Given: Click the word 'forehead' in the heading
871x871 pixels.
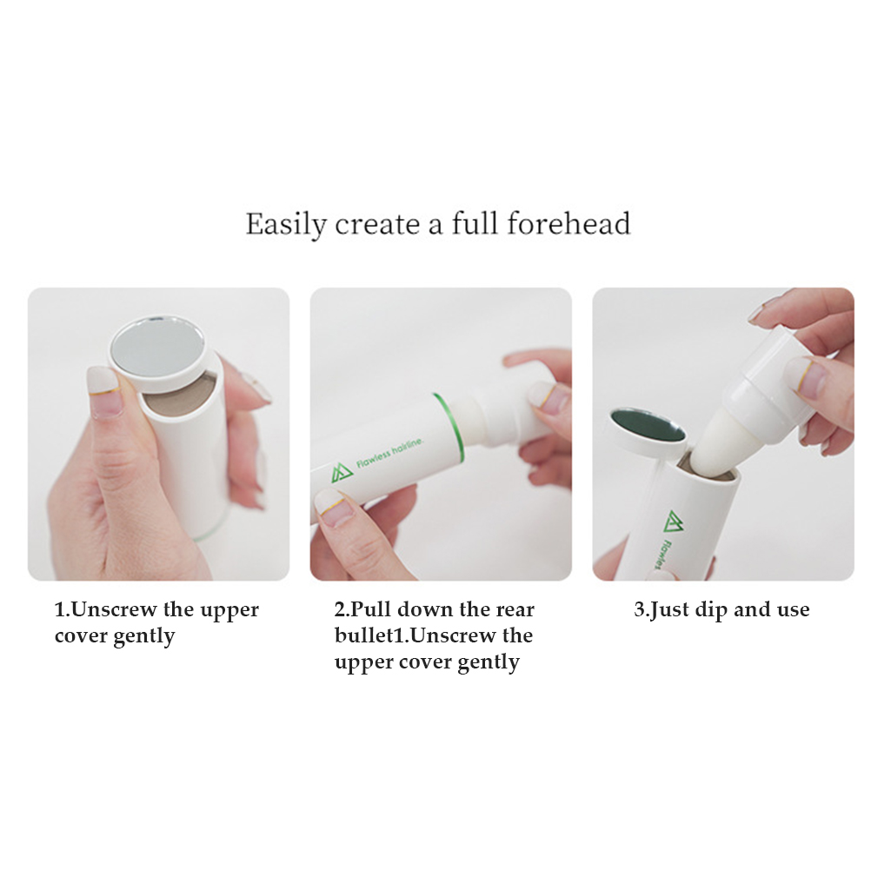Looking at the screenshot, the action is click(x=568, y=224).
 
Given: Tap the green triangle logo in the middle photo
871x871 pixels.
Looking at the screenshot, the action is click(x=342, y=473).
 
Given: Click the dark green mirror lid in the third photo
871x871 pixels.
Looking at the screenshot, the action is click(x=646, y=428).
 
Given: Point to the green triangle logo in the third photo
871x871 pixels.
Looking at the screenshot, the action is click(x=674, y=521).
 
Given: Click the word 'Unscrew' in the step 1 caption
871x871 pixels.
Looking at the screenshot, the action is click(x=115, y=610).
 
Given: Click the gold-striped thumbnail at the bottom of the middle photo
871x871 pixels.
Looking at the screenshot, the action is click(x=335, y=507).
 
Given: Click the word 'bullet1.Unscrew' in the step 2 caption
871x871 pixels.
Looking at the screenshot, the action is click(x=415, y=636).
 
